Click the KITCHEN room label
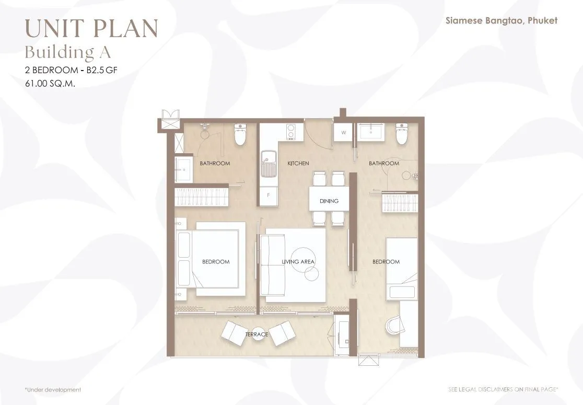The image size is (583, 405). [298, 163]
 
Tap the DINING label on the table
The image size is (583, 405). [329, 201]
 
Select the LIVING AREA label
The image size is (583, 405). [298, 262]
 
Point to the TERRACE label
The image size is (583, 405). [256, 334]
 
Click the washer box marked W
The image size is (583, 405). [344, 132]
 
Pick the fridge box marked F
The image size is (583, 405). [269, 195]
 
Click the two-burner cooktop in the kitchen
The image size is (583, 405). [290, 132]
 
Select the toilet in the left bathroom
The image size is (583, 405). [240, 134]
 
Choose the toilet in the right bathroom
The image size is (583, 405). [402, 134]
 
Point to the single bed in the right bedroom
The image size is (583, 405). [402, 269]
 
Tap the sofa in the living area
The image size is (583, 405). [273, 265]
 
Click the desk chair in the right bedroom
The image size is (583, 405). [394, 326]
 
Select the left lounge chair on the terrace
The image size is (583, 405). [233, 332]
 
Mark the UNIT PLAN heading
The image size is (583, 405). [91, 28]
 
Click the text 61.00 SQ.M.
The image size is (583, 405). [50, 83]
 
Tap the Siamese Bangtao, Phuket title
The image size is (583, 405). [502, 20]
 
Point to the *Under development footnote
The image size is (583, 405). [53, 390]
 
